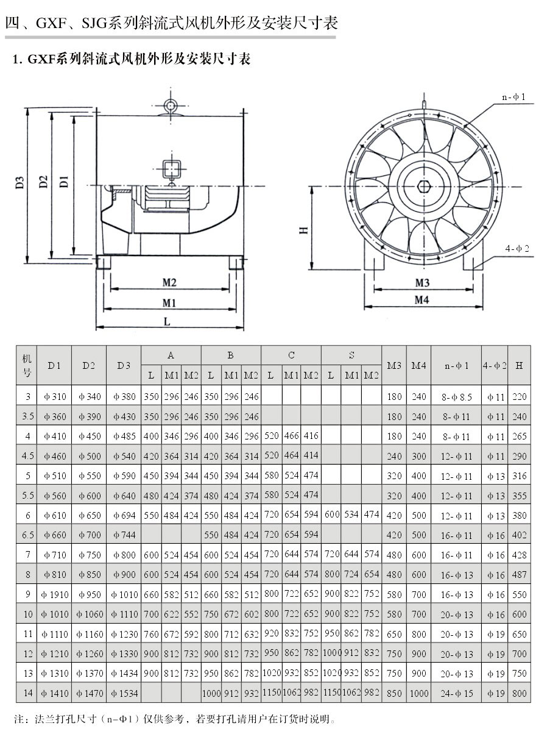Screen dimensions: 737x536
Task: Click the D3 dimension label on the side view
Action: click(19, 182)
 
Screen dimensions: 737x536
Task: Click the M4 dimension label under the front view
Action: click(422, 299)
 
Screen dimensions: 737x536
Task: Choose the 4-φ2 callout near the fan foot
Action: click(517, 248)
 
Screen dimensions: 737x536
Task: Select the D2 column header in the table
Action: click(89, 365)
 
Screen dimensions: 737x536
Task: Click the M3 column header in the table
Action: click(394, 365)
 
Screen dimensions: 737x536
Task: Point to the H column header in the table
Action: click(519, 365)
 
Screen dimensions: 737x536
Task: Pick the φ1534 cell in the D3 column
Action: click(124, 693)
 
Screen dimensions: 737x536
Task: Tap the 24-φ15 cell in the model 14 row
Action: click(456, 694)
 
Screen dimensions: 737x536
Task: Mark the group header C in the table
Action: click(291, 355)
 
